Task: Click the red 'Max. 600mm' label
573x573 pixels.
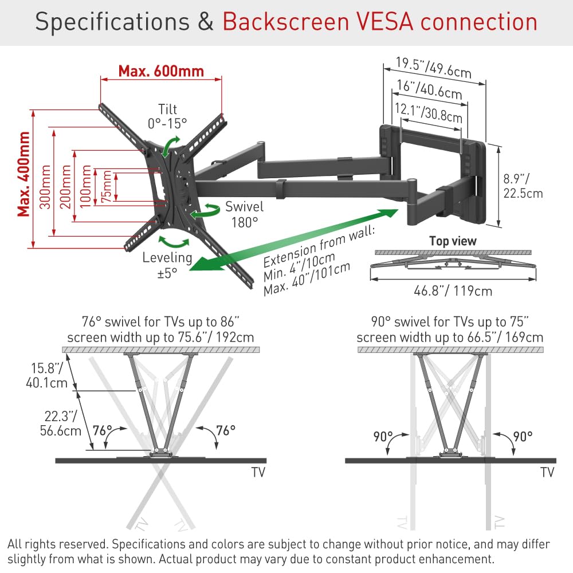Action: [161, 71]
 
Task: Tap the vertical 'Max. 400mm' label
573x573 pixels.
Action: [23, 174]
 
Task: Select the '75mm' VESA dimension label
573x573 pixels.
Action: [107, 186]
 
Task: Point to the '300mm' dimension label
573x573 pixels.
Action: [45, 187]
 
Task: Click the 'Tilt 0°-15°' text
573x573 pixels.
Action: [167, 116]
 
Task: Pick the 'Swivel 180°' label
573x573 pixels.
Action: [244, 214]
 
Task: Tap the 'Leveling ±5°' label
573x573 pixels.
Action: [167, 265]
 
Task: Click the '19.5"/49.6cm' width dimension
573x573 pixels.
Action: [434, 68]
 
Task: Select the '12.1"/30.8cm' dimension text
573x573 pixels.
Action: [429, 113]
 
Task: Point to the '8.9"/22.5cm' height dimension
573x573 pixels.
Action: [523, 186]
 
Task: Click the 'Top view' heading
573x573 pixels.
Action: [453, 241]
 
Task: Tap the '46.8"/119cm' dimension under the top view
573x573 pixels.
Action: [453, 291]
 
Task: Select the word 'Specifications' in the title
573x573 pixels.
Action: [112, 22]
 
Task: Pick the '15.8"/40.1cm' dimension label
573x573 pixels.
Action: [46, 375]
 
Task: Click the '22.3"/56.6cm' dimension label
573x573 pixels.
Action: [60, 423]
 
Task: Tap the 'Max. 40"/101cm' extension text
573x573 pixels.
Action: [307, 279]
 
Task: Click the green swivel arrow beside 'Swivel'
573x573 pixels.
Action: [205, 211]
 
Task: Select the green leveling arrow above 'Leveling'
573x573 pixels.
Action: [174, 242]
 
